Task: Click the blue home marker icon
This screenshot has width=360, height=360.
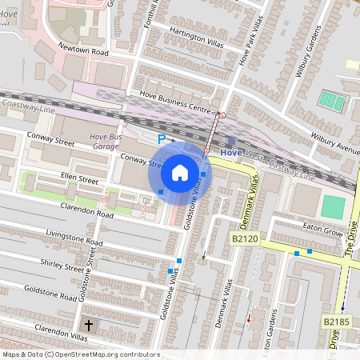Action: pos(180,172)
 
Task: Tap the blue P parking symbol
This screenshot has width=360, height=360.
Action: pos(162,139)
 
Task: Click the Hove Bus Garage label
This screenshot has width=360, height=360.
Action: pos(106,142)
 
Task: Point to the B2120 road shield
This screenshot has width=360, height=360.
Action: pos(245,238)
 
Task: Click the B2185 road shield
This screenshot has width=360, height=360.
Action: pos(337,322)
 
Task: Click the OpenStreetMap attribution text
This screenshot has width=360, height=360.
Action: pos(81,354)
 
